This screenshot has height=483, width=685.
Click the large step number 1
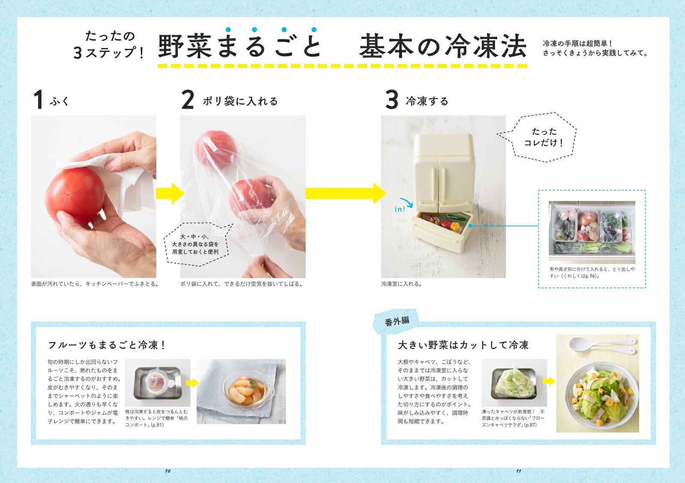(x=38, y=100)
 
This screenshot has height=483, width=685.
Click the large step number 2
(x=188, y=100)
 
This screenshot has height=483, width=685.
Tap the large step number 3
(x=392, y=100)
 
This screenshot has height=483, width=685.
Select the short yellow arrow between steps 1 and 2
(x=170, y=194)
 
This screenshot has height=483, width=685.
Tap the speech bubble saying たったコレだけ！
(x=544, y=137)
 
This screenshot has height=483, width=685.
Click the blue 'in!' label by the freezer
(x=399, y=209)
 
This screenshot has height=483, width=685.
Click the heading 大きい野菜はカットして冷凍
(x=463, y=345)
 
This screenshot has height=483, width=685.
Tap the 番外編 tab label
(x=397, y=321)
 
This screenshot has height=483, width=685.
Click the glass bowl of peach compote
(x=242, y=392)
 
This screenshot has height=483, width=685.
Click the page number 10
(x=168, y=471)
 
